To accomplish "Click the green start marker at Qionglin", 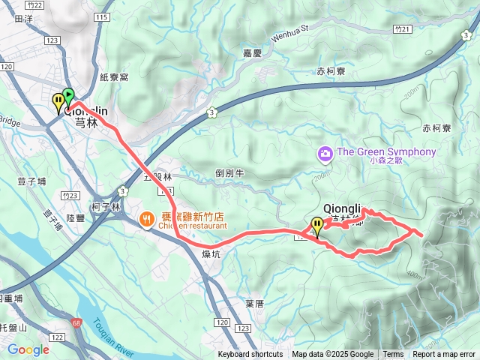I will (68, 95).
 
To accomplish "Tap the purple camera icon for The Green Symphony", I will (325, 153).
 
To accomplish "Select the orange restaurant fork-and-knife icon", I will (146, 220).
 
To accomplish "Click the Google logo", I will (28, 349).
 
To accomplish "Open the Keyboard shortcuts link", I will (250, 355).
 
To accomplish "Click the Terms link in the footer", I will (393, 355).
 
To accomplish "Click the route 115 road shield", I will (103, 16).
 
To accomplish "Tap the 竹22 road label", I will (34, 5).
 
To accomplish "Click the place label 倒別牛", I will (230, 172).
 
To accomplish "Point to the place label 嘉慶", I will (251, 53).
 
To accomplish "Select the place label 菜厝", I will (254, 303).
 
